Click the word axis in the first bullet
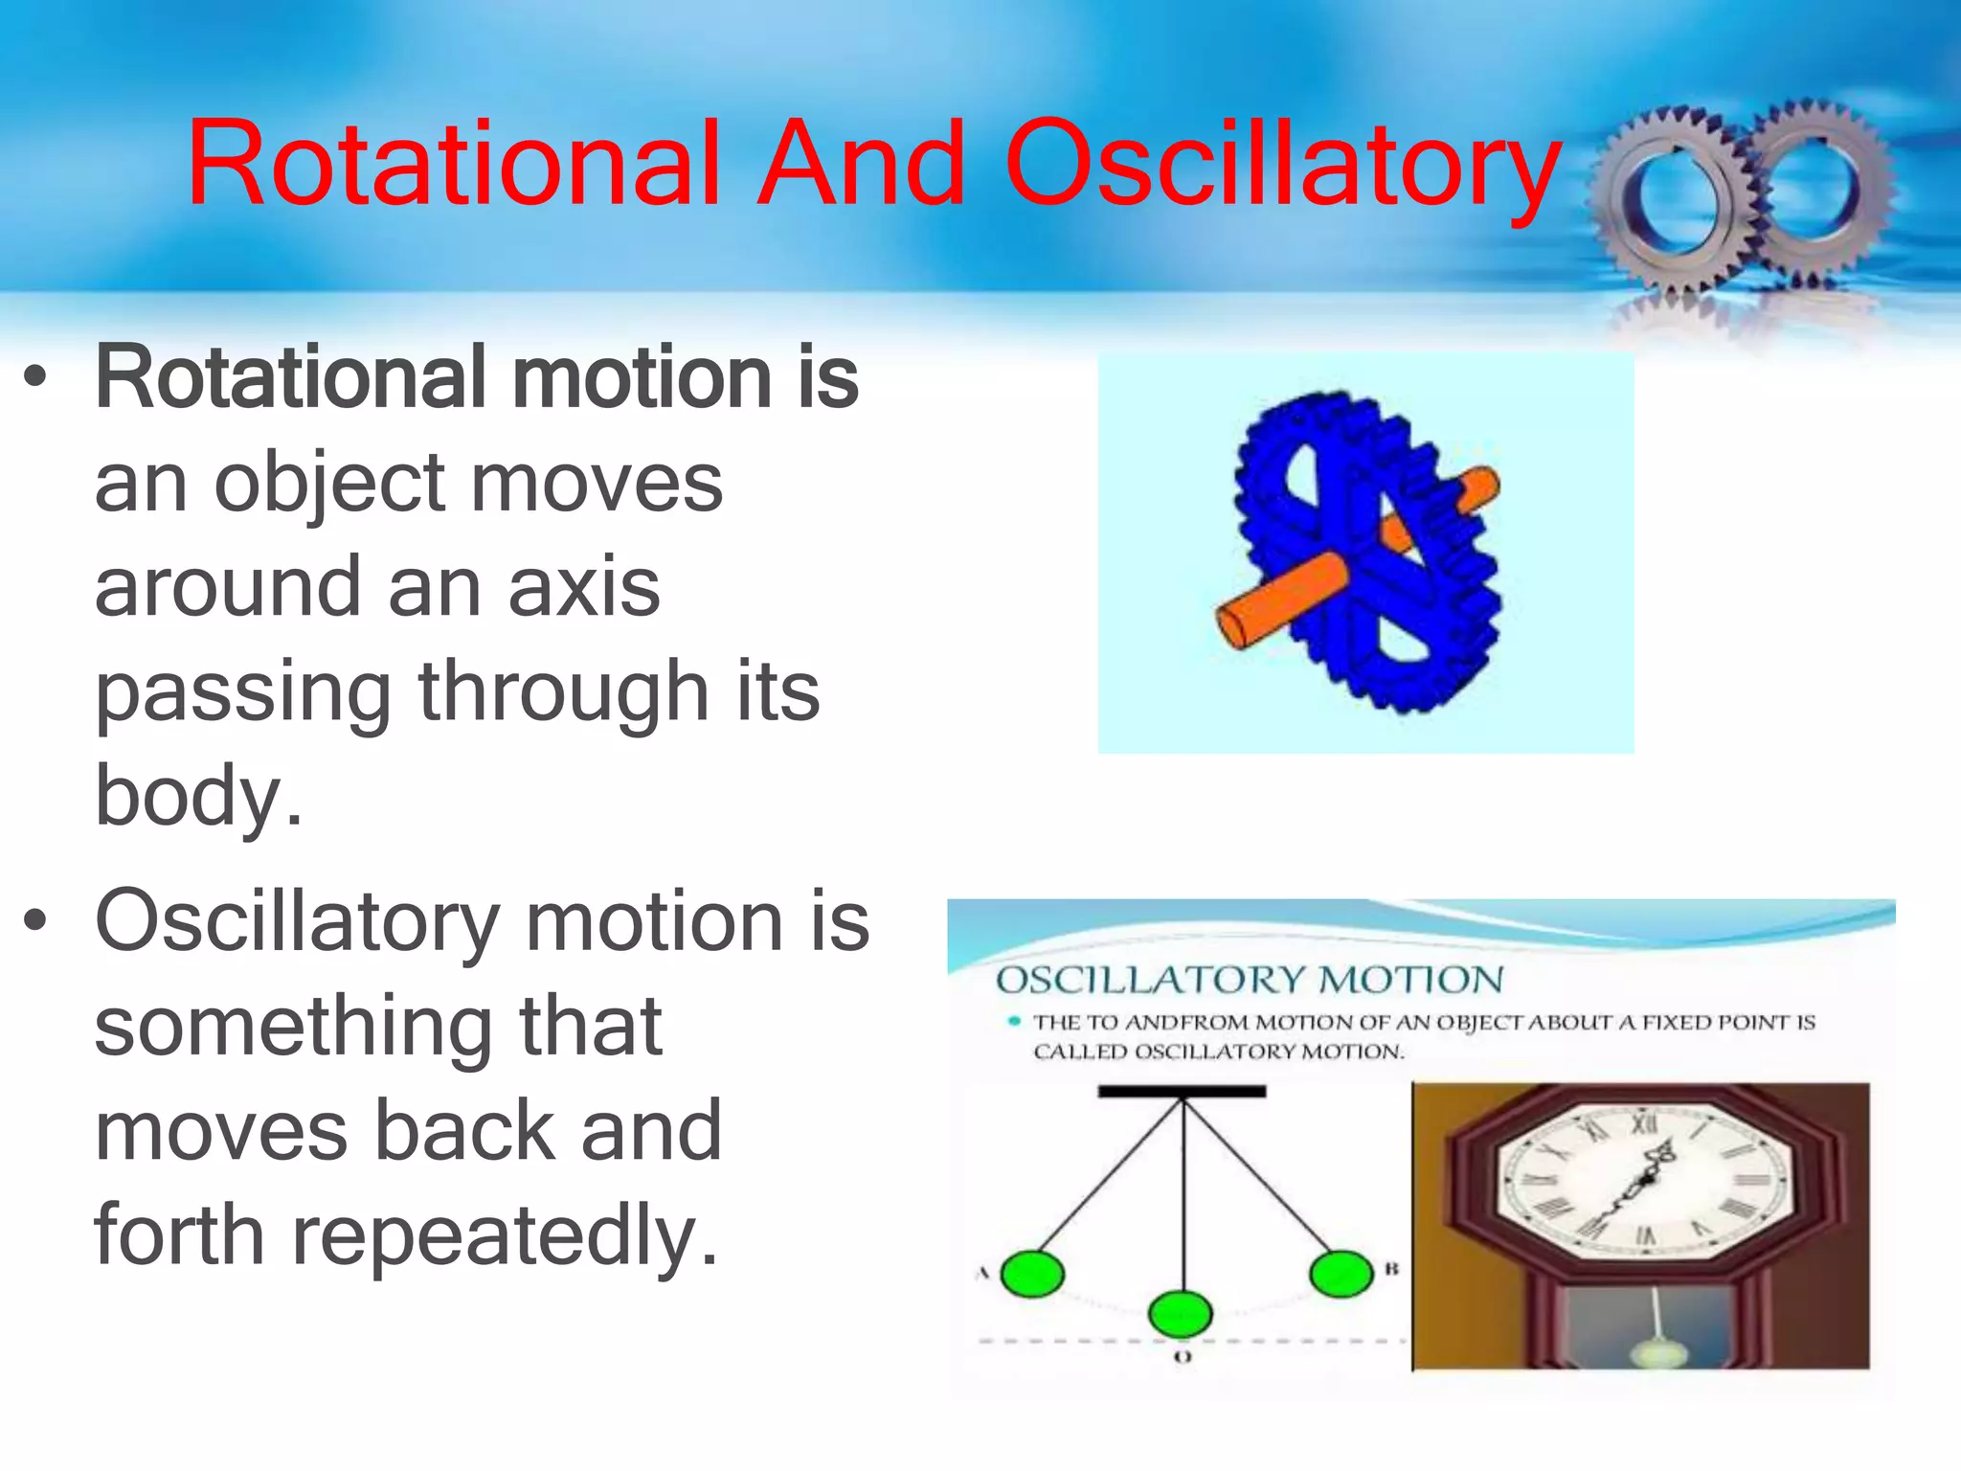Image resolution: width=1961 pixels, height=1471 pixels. click(x=584, y=586)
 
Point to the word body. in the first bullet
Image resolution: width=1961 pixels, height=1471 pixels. click(x=198, y=797)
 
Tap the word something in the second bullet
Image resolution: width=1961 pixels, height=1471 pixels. click(x=292, y=1027)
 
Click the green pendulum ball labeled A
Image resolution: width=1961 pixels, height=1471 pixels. click(x=1032, y=1275)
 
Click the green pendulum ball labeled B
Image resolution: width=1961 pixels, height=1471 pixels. click(x=1341, y=1273)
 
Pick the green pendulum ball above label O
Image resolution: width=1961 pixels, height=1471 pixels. click(x=1181, y=1314)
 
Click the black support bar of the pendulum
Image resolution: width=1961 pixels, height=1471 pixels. click(x=1182, y=1091)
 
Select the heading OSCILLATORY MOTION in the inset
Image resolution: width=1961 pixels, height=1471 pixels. click(x=1250, y=980)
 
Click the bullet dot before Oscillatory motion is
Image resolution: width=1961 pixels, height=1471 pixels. click(x=35, y=921)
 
